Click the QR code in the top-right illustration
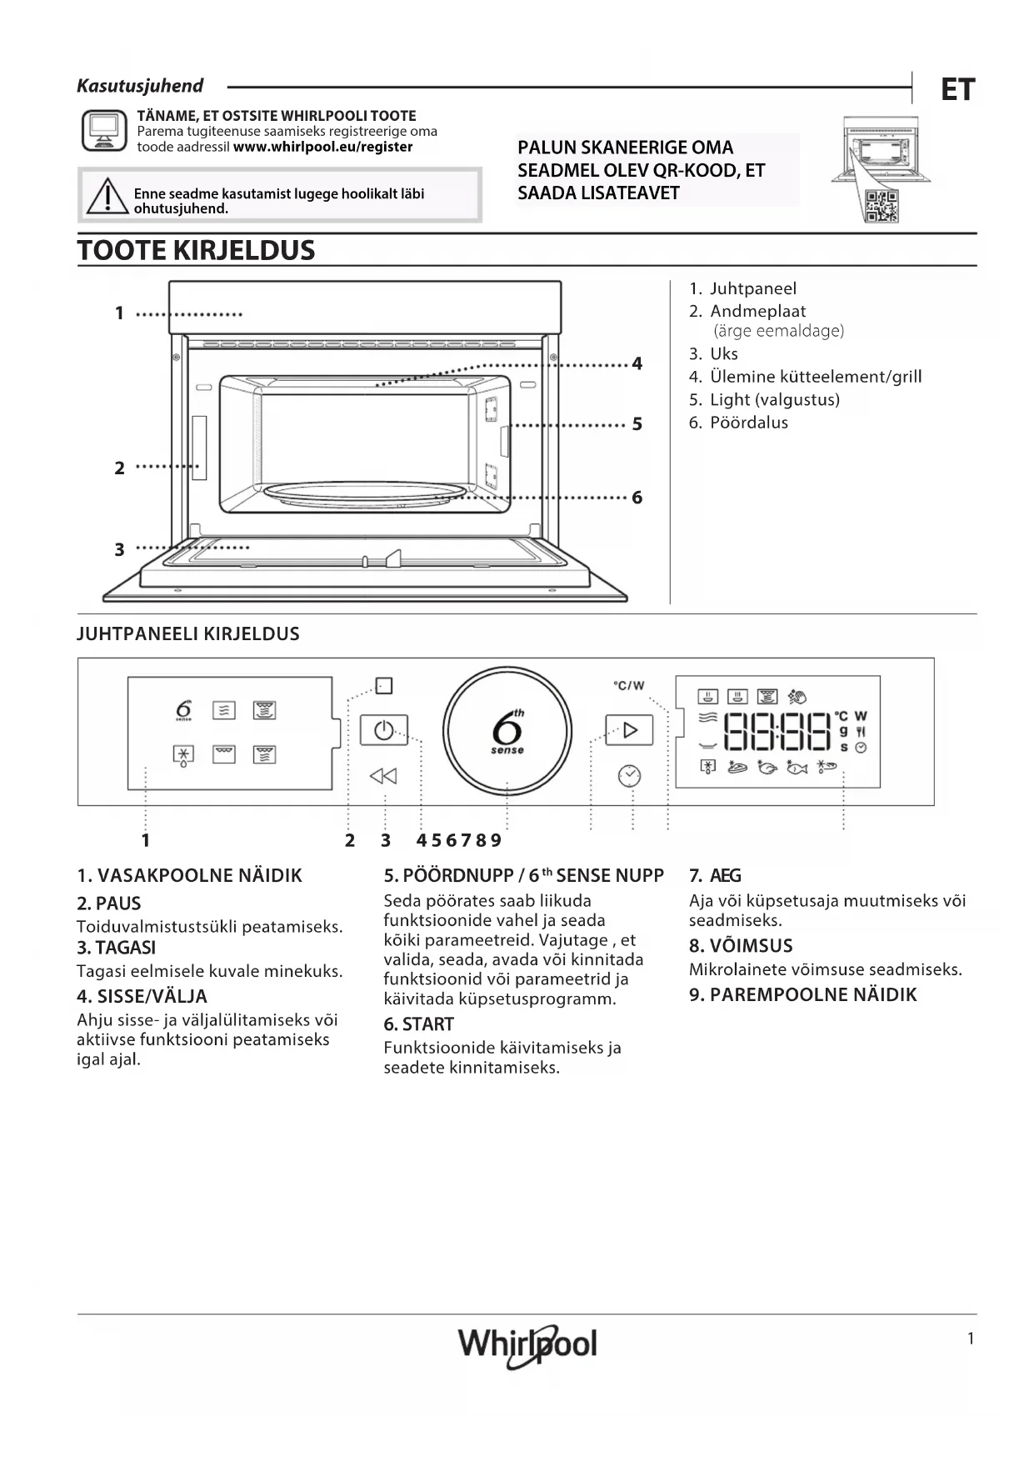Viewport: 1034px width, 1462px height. coord(881,205)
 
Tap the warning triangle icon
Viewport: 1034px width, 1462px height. coord(107,197)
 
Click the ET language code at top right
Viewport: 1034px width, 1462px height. coord(957,89)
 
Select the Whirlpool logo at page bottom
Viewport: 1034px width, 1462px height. coord(527,1344)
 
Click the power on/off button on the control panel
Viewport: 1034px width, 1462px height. coord(383,730)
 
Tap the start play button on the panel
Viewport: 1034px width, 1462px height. coord(629,730)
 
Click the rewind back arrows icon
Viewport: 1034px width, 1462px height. coord(383,776)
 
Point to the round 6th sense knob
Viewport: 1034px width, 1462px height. coord(507,731)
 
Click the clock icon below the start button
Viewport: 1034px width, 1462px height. coord(629,776)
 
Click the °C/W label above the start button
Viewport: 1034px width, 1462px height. coord(629,685)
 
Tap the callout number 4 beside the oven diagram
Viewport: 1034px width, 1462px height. coord(637,363)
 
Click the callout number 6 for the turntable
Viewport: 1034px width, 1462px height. coord(637,498)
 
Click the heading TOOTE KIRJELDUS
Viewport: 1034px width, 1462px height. coord(197,250)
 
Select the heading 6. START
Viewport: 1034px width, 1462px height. coord(419,1024)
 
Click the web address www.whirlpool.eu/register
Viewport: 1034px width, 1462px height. coord(323,147)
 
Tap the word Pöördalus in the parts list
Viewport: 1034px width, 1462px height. coord(748,422)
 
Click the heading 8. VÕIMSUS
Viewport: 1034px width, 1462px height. coord(741,945)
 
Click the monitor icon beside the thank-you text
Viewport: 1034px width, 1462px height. coord(104,132)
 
